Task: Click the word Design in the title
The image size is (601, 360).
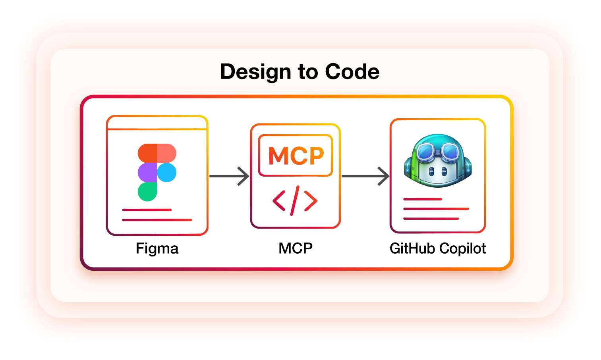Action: tap(255, 72)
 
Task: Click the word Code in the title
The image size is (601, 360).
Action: tap(352, 72)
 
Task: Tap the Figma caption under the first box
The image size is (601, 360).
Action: tap(157, 248)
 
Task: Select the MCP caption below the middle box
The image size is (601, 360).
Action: tap(295, 248)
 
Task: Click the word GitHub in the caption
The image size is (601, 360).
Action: tap(412, 248)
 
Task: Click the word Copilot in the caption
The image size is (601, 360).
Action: tap(462, 248)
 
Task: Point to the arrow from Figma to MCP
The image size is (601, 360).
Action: tap(229, 176)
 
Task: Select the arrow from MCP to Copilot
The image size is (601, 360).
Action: tap(365, 176)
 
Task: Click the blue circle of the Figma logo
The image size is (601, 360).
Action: tap(167, 173)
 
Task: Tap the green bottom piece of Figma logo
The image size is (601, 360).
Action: tap(147, 192)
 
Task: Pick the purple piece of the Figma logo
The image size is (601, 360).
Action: tap(147, 173)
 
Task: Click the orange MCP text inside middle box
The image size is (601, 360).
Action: tap(296, 156)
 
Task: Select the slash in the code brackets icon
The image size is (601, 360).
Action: tap(295, 200)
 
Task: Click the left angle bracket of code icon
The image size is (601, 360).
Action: tap(279, 200)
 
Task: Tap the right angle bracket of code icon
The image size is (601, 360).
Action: tap(311, 200)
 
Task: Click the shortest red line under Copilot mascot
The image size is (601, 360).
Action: tap(422, 199)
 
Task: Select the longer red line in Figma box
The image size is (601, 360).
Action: tap(157, 219)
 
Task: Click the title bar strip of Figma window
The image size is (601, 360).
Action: tap(157, 123)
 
